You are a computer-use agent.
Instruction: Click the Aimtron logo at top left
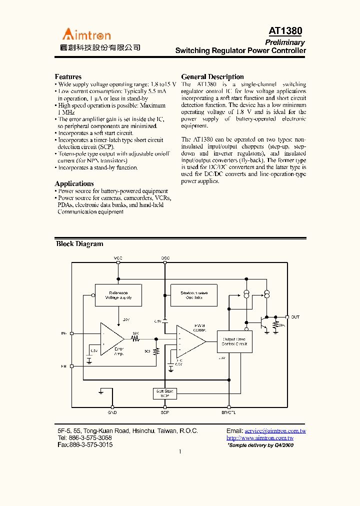coord(86,34)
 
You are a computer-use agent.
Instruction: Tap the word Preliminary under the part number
coord(284,42)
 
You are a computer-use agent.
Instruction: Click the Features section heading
coord(68,77)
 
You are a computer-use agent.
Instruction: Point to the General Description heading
coord(212,77)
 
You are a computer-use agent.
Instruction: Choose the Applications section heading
coord(74,184)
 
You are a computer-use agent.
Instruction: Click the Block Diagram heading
coord(79,244)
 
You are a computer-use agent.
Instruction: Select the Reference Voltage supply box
coord(118,295)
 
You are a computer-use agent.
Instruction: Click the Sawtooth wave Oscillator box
coord(194,295)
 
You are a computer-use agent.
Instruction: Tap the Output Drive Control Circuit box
coord(234,341)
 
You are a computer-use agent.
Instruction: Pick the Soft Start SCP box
coord(165,393)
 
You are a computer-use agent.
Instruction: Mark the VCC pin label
coord(118,258)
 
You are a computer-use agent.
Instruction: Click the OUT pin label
coord(295,317)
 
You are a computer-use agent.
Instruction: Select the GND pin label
coord(112,413)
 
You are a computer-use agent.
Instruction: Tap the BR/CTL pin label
coord(228,413)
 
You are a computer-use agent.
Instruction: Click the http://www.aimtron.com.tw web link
coord(259,438)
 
